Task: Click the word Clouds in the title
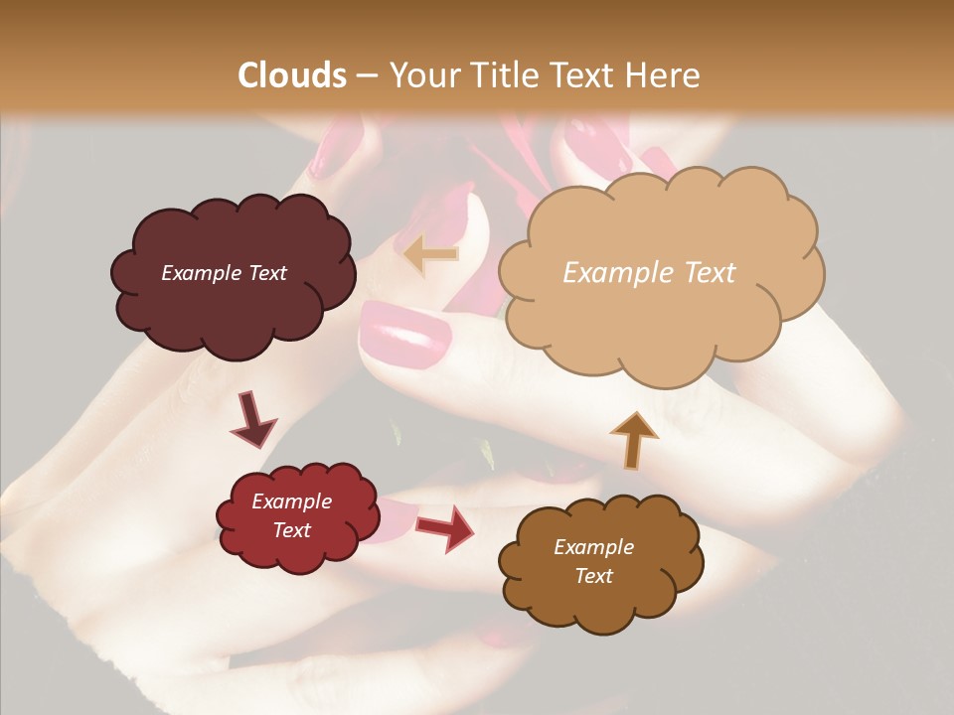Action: click(292, 75)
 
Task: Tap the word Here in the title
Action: click(665, 75)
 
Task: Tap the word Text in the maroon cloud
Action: click(265, 273)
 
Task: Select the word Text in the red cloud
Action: click(292, 530)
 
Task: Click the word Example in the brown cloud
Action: click(593, 547)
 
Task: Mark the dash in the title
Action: click(367, 76)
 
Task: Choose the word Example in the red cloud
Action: click(292, 501)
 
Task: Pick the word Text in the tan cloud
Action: click(710, 273)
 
